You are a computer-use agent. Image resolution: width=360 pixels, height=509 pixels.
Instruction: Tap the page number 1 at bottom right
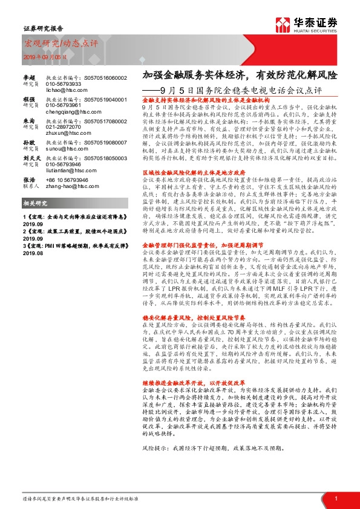(x=336, y=498)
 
